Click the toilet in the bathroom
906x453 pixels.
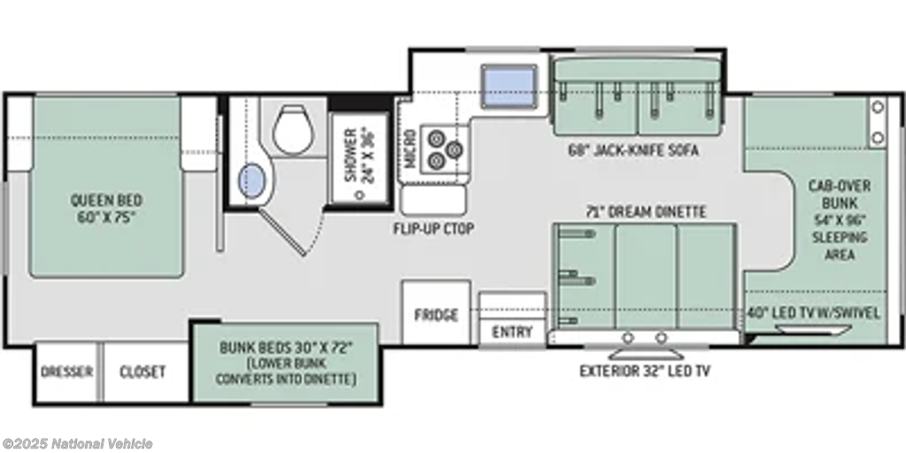coord(293,129)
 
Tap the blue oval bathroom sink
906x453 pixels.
coord(252,180)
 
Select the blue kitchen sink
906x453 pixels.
coord(509,86)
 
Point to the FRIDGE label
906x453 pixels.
coord(436,315)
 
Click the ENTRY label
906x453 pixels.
coord(512,333)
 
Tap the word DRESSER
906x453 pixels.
coord(67,372)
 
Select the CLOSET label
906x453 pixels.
coord(142,372)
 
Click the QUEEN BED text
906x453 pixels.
coord(106,201)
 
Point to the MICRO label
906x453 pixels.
coord(410,149)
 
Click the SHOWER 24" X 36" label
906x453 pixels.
coord(360,154)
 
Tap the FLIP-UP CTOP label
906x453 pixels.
coord(434,229)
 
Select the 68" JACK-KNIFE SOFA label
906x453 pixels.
coord(633,150)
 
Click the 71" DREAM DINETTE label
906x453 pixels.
coord(645,212)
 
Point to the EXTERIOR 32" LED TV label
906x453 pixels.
coord(645,371)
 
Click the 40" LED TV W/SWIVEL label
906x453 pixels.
coord(814,313)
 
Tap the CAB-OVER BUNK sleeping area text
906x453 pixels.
coord(840,220)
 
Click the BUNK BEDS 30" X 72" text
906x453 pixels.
coord(286,349)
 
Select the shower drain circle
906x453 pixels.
coord(360,196)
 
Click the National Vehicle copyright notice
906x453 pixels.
coord(77,444)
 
